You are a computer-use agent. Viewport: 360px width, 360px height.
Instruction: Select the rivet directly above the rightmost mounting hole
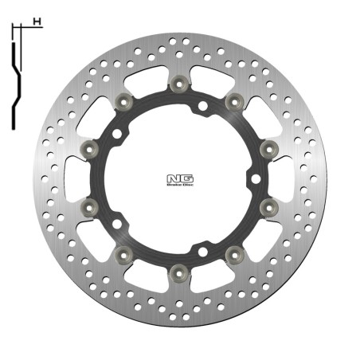(268, 147)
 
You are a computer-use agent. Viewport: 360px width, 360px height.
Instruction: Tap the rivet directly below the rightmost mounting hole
(268, 209)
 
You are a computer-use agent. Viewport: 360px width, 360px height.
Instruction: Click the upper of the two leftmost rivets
(89, 147)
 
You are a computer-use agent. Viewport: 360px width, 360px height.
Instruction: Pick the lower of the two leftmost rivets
(89, 209)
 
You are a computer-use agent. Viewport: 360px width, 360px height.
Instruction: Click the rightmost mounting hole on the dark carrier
(256, 178)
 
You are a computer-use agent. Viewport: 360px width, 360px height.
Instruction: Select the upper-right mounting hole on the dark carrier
(202, 106)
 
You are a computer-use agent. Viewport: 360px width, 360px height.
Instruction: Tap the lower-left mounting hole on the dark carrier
(117, 224)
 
